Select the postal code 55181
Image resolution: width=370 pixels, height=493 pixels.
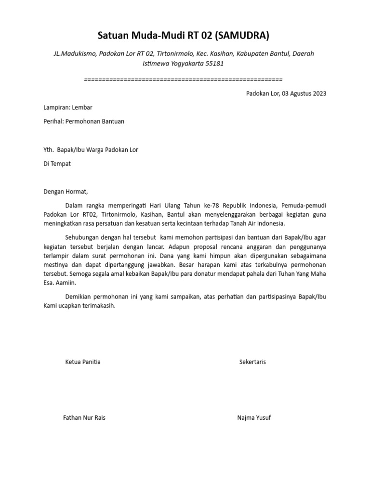(214, 63)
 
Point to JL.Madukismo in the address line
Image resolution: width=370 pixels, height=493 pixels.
(75, 53)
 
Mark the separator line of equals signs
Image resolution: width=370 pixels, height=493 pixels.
(183, 79)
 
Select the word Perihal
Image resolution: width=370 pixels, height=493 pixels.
(53, 121)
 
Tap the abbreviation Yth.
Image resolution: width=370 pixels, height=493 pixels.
(49, 150)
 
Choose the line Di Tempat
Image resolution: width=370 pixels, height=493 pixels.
(57, 164)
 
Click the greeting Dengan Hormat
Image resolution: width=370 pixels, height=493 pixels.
(66, 192)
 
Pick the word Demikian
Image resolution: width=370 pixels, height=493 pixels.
(79, 297)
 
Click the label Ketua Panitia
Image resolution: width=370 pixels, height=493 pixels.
(83, 362)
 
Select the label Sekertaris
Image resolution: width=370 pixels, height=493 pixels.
(252, 362)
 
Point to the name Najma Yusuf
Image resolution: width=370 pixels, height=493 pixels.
(254, 417)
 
